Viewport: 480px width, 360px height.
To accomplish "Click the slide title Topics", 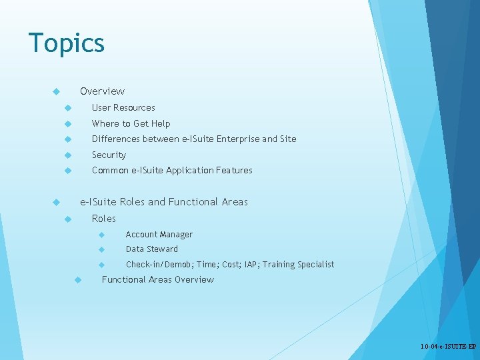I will (66, 43).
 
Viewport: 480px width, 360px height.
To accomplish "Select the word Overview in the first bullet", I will (102, 91).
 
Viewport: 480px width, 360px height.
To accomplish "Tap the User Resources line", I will (123, 107).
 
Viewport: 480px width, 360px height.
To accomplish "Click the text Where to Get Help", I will (131, 123).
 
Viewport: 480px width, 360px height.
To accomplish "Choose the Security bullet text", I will (109, 155).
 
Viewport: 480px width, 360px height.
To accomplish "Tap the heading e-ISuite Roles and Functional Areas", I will (163, 201).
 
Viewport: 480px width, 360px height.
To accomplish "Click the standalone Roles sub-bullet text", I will (103, 219).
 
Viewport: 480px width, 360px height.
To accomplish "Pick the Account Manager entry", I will (159, 234).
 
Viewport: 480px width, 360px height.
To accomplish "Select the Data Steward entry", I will (151, 249).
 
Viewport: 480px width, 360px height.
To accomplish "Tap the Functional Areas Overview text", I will (157, 279).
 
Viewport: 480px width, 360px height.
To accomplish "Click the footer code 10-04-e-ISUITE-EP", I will (448, 347).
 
